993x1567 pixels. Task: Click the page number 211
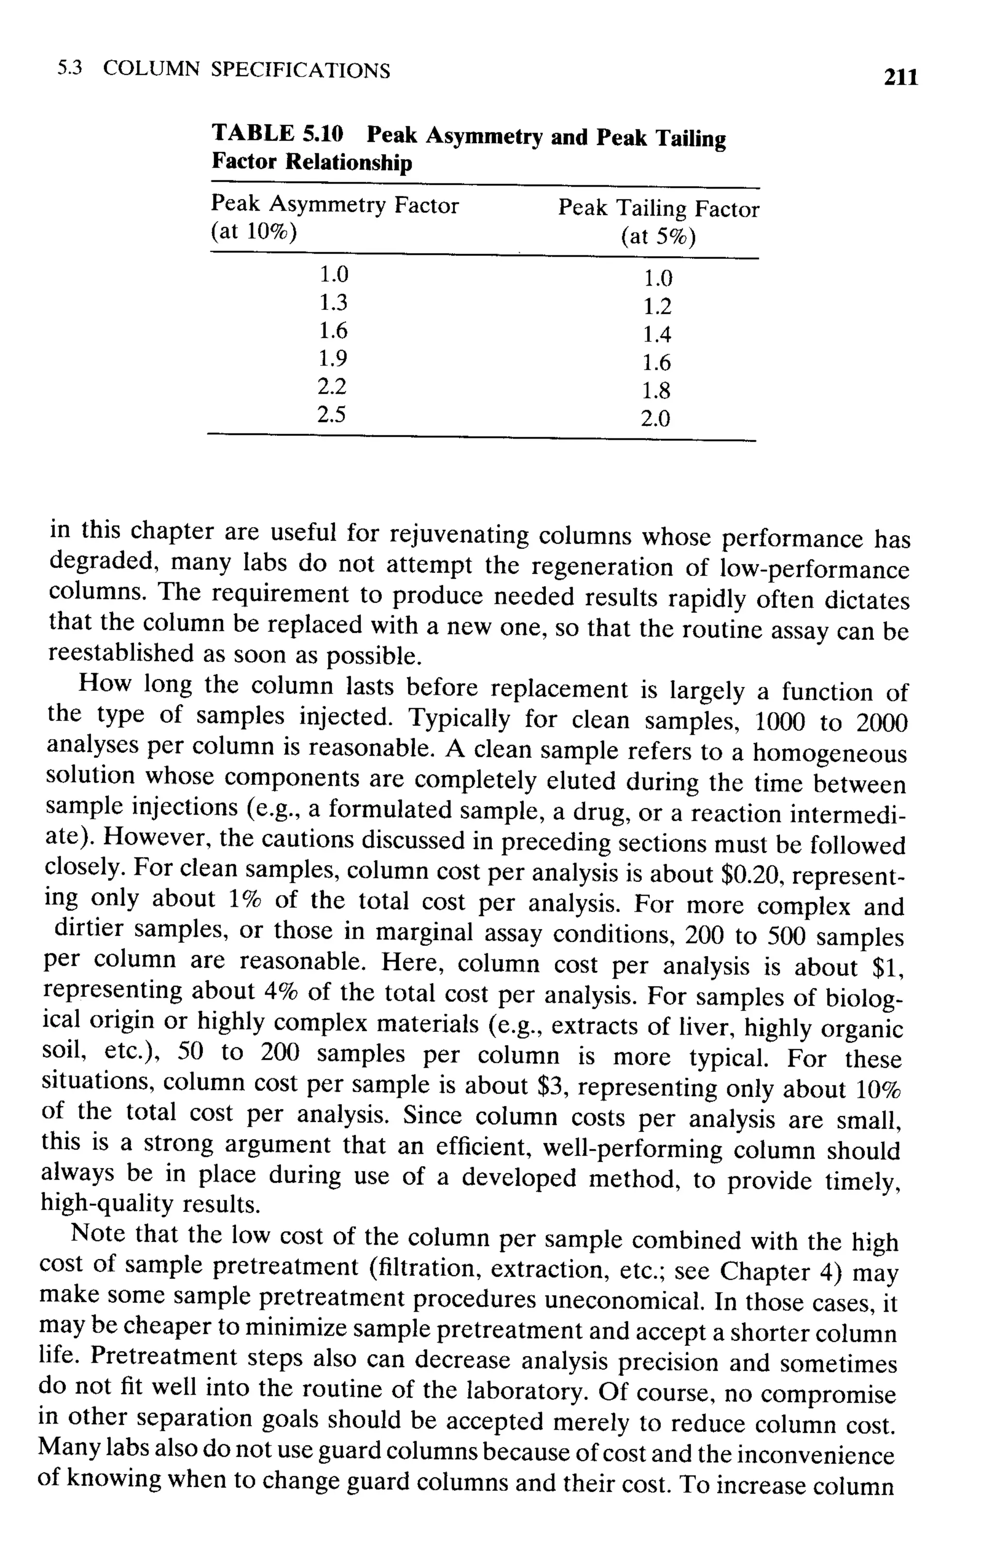900,78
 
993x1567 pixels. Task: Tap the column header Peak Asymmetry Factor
335,205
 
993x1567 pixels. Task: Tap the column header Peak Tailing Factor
658,209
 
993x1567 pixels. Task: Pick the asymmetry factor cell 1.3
333,303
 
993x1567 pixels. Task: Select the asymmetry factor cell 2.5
331,415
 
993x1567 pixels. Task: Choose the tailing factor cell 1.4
657,335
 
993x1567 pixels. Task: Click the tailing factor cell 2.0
655,418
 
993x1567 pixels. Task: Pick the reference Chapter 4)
778,1271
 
